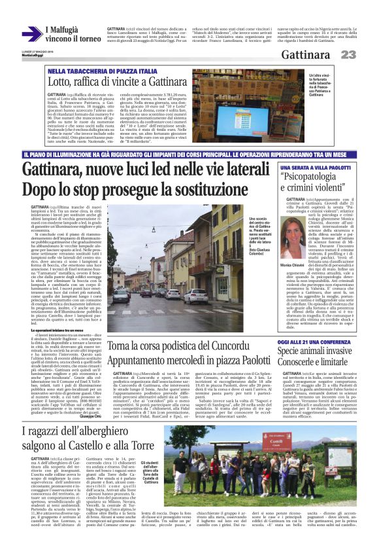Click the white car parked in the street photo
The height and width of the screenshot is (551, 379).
pyautogui.click(x=195, y=296)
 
